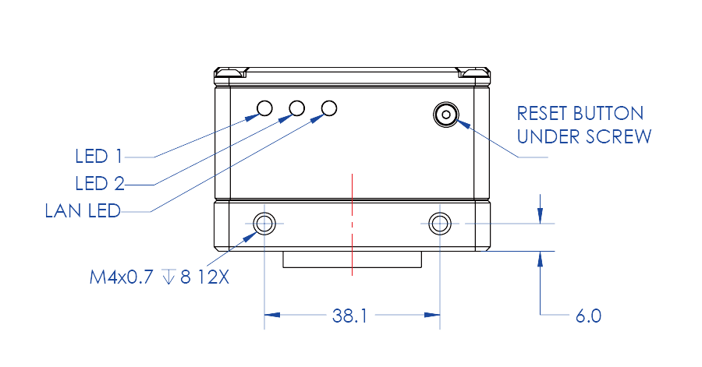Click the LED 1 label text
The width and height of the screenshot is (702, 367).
pos(98,157)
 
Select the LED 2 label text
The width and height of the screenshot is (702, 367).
pos(99,184)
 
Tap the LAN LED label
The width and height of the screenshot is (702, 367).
pos(83,210)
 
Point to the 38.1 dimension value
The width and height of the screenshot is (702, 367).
pos(349,316)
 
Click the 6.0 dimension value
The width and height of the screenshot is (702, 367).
pos(589,316)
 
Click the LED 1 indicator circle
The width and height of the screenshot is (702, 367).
pos(265,108)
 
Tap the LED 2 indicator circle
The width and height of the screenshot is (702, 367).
pos(297,108)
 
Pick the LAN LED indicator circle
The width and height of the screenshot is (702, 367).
pos(329,108)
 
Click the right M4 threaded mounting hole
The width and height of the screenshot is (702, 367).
pos(440,224)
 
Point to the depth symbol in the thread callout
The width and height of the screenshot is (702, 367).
pos(168,277)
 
